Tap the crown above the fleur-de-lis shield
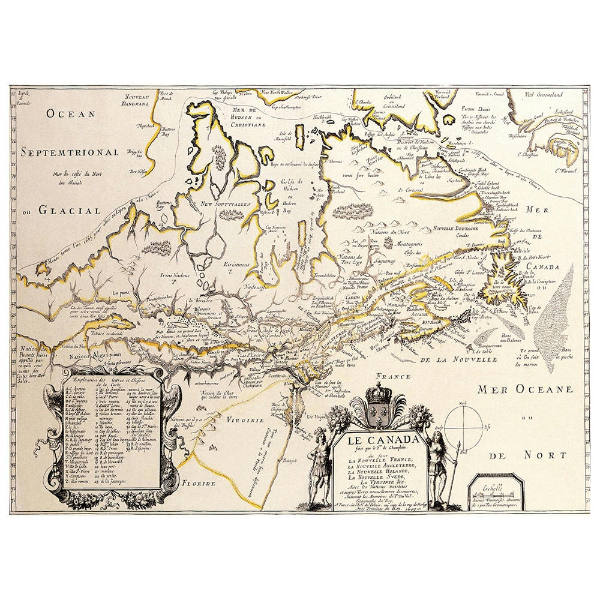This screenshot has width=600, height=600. point(379,395)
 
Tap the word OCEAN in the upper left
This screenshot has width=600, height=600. point(71,113)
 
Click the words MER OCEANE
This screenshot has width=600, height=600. point(525,390)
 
